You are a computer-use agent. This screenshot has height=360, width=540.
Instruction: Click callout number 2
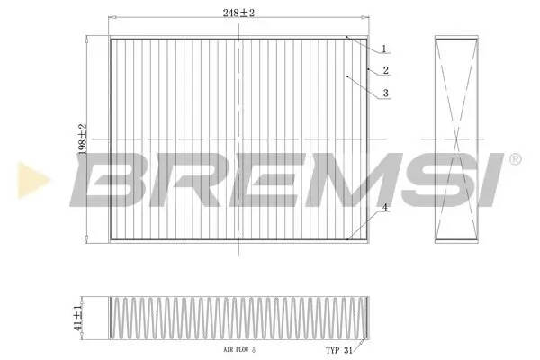385,70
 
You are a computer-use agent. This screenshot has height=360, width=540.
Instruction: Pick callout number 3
385,93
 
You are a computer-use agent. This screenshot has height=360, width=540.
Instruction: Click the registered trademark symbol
514,159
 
